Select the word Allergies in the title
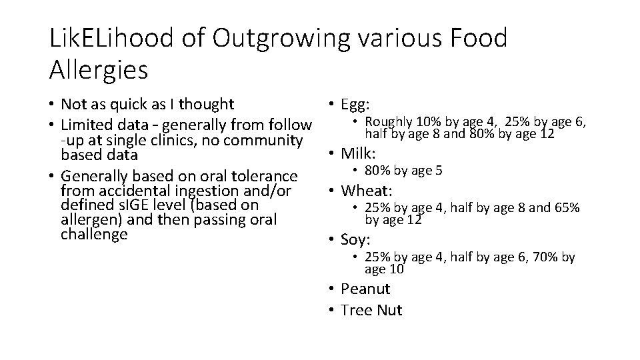[99, 69]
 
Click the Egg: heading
[355, 104]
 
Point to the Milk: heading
[359, 153]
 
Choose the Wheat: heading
[365, 191]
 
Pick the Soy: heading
[356, 239]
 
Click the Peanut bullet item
[365, 289]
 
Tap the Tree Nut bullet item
[371, 310]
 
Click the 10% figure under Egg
[427, 121]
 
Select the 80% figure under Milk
[377, 171]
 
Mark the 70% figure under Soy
[546, 257]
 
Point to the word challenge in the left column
[93, 234]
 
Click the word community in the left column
[266, 140]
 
